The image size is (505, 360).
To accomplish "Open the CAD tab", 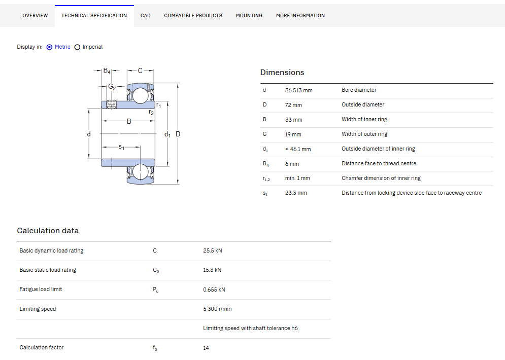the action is coord(145,15).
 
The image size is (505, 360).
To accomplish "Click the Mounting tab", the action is coord(249,15).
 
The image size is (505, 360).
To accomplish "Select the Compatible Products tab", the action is coord(193,15).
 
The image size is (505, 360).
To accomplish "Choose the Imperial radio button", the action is coord(77,47).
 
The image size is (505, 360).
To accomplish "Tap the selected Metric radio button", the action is coord(49,47).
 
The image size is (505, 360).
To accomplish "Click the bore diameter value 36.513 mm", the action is coord(298,90).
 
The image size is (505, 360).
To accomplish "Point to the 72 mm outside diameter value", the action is coord(293,105).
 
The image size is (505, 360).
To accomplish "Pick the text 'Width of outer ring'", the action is coord(364,134).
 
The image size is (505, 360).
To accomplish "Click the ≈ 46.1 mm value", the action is coord(298,149).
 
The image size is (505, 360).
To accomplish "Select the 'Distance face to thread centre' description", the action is coord(379,163).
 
